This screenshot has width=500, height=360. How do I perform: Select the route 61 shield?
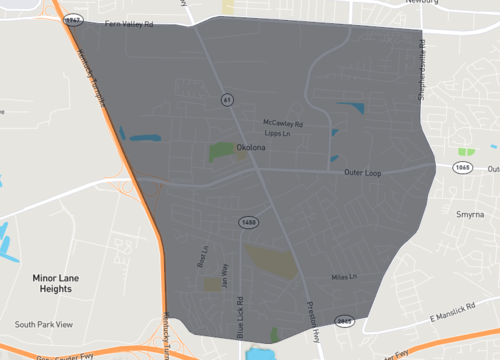point(228,101)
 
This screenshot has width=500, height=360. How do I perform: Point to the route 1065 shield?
point(461,168)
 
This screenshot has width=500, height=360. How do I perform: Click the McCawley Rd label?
point(283,123)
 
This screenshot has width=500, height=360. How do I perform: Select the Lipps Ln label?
point(276,133)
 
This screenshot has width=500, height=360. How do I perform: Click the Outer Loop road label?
point(363,173)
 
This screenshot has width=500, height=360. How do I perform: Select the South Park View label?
point(44,325)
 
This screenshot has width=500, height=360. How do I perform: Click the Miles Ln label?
point(345,277)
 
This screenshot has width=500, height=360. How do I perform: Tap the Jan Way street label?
point(225,274)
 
